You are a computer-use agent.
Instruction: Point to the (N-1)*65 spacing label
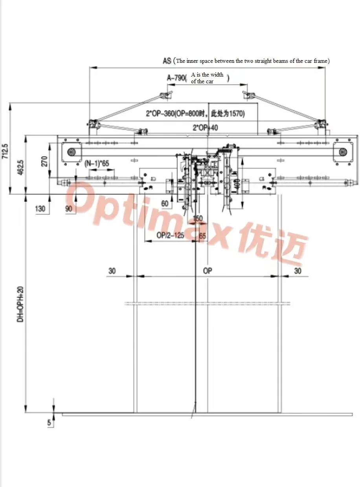[x=97, y=163]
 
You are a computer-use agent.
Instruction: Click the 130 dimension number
[x=40, y=209]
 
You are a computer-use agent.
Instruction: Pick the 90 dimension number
[x=69, y=209]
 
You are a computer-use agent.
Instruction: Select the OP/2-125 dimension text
[x=171, y=236]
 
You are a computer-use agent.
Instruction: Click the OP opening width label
[x=208, y=271]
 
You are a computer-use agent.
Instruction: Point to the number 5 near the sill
[x=49, y=423]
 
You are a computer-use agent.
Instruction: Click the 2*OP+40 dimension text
[x=205, y=128]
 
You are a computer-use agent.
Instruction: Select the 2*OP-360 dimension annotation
[x=195, y=114]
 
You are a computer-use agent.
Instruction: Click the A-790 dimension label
[x=176, y=78]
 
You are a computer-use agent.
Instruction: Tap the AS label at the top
[x=167, y=60]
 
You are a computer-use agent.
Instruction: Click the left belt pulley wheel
[x=71, y=152]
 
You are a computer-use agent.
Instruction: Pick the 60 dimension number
[x=164, y=203]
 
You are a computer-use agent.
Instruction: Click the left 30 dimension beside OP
[x=112, y=271]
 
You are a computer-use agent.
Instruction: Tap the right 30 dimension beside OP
[x=298, y=271]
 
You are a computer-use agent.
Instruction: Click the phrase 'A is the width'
[x=207, y=75]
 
